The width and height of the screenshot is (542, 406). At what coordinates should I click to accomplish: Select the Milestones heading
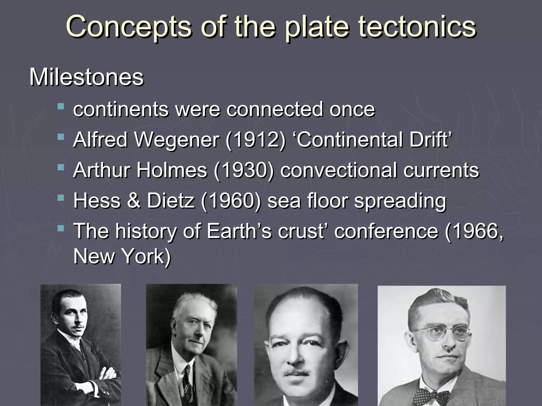pyautogui.click(x=86, y=77)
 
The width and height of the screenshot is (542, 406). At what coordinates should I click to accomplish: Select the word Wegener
pyautogui.click(x=177, y=140)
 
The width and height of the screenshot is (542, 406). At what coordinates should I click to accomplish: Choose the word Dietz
pyautogui.click(x=171, y=200)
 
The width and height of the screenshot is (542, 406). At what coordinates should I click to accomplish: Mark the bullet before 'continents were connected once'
pyautogui.click(x=61, y=107)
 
